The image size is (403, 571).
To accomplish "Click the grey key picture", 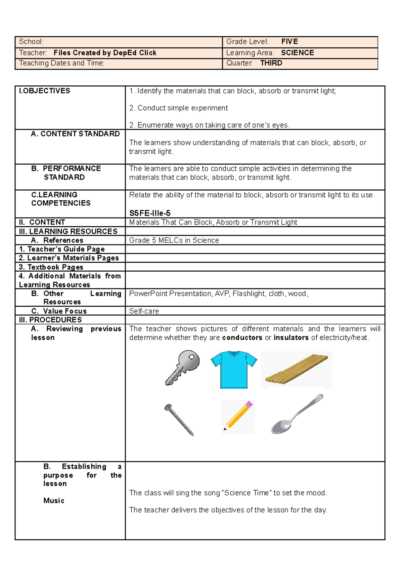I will (x=183, y=368).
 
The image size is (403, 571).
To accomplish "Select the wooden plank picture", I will (x=296, y=370).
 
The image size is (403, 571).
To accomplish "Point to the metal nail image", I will (x=179, y=420).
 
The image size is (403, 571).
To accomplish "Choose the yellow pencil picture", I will (x=238, y=417).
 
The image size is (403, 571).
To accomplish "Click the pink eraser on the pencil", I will (x=249, y=404).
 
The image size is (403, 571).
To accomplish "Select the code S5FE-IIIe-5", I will (x=150, y=213).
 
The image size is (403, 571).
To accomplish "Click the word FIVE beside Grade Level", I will (x=289, y=42).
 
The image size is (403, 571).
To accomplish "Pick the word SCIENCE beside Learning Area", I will (x=297, y=53).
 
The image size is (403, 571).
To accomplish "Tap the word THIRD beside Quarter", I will (x=271, y=63).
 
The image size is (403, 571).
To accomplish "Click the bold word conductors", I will (x=242, y=338).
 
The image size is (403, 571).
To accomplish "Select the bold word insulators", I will (x=291, y=338).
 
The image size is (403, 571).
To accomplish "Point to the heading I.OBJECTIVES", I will (x=44, y=91).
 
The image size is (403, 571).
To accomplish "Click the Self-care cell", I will (x=144, y=311).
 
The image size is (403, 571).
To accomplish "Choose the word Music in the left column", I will (x=54, y=501).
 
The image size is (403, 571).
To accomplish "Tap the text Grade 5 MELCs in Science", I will (x=174, y=240).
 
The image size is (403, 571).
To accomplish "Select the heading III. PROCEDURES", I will (x=50, y=320).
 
